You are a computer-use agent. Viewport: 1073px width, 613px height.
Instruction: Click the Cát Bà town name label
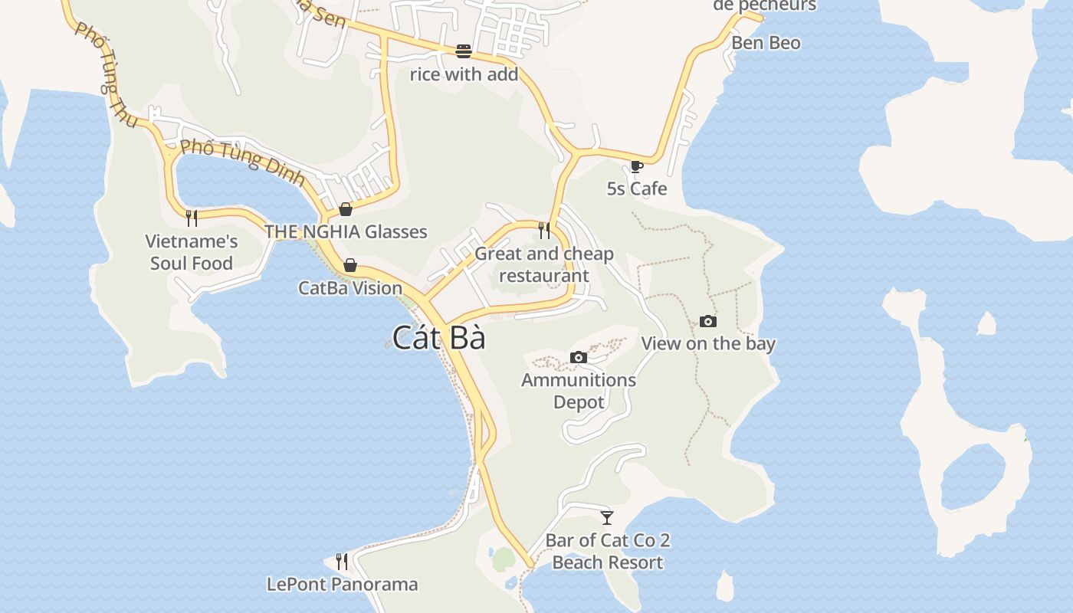(x=438, y=338)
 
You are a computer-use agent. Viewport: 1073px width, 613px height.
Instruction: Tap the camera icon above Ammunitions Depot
(x=579, y=357)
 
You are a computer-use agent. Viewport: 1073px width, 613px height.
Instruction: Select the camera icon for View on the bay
(x=708, y=321)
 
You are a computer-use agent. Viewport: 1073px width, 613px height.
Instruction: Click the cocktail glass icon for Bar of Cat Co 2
(x=607, y=518)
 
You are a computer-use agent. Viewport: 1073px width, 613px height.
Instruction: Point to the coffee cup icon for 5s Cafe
(x=636, y=166)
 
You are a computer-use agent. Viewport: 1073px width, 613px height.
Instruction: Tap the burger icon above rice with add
(x=464, y=51)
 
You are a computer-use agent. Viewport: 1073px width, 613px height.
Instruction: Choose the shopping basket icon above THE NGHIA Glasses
(x=346, y=209)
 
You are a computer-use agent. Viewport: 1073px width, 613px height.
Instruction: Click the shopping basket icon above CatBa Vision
(x=350, y=265)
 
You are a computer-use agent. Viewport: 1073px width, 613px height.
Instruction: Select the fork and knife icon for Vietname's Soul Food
(x=192, y=218)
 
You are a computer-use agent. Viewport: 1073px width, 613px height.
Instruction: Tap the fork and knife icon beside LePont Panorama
(x=342, y=562)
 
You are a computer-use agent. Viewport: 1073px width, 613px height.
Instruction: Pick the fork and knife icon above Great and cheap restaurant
(x=544, y=230)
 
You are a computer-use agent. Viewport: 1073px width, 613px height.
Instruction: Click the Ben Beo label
(x=766, y=43)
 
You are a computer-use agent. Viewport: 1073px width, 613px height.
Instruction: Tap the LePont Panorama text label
(x=342, y=585)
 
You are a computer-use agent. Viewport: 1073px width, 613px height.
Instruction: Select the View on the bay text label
(x=708, y=343)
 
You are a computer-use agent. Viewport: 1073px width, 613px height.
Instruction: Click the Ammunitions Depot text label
(x=579, y=391)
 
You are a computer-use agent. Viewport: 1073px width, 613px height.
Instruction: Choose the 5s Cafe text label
(x=637, y=188)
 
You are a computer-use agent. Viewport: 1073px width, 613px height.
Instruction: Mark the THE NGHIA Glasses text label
(x=346, y=231)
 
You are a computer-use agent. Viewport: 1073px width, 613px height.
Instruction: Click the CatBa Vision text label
(x=350, y=288)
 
